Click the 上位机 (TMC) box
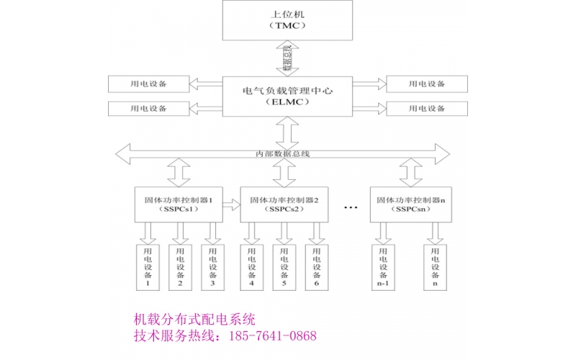click(287, 19)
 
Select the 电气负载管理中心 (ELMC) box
click(287, 96)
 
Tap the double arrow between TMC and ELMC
click(287, 58)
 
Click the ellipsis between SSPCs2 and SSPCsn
click(351, 207)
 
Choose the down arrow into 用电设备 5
click(284, 232)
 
